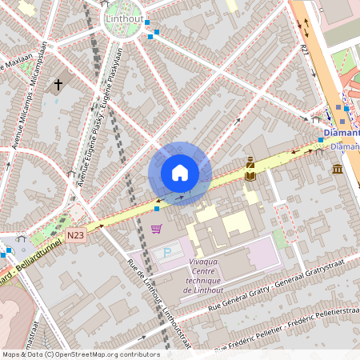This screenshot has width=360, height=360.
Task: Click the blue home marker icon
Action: [x=179, y=173]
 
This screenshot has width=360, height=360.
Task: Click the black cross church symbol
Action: [x=58, y=84]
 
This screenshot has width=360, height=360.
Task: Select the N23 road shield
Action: [x=76, y=234]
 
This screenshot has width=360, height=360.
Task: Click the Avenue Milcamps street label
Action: [x=32, y=112]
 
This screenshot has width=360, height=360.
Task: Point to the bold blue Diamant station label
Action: [x=342, y=133]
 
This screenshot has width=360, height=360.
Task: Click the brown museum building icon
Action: [x=337, y=169]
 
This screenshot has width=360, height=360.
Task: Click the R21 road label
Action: [x=306, y=50]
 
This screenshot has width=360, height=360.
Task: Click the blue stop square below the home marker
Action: [x=157, y=208]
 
